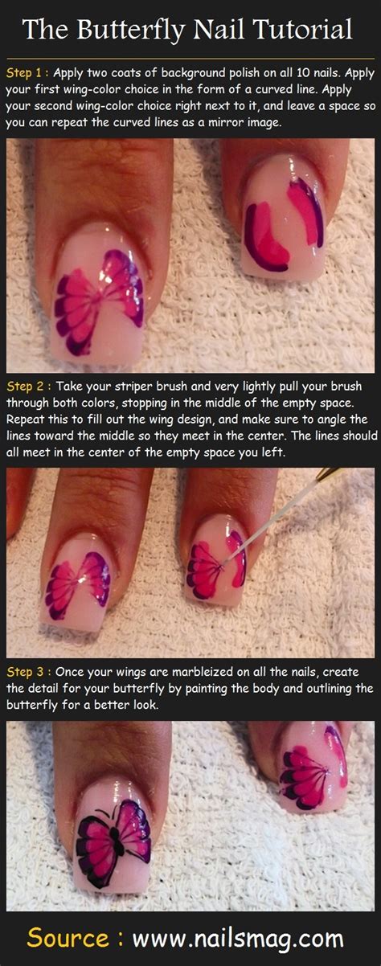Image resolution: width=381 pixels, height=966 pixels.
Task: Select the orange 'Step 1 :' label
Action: [27, 72]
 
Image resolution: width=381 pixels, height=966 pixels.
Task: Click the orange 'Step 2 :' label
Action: [27, 386]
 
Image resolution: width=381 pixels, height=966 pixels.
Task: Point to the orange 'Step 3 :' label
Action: [27, 672]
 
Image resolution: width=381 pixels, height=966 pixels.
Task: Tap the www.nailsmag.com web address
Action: [238, 939]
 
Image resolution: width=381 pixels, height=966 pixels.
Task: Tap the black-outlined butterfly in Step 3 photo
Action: [113, 832]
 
